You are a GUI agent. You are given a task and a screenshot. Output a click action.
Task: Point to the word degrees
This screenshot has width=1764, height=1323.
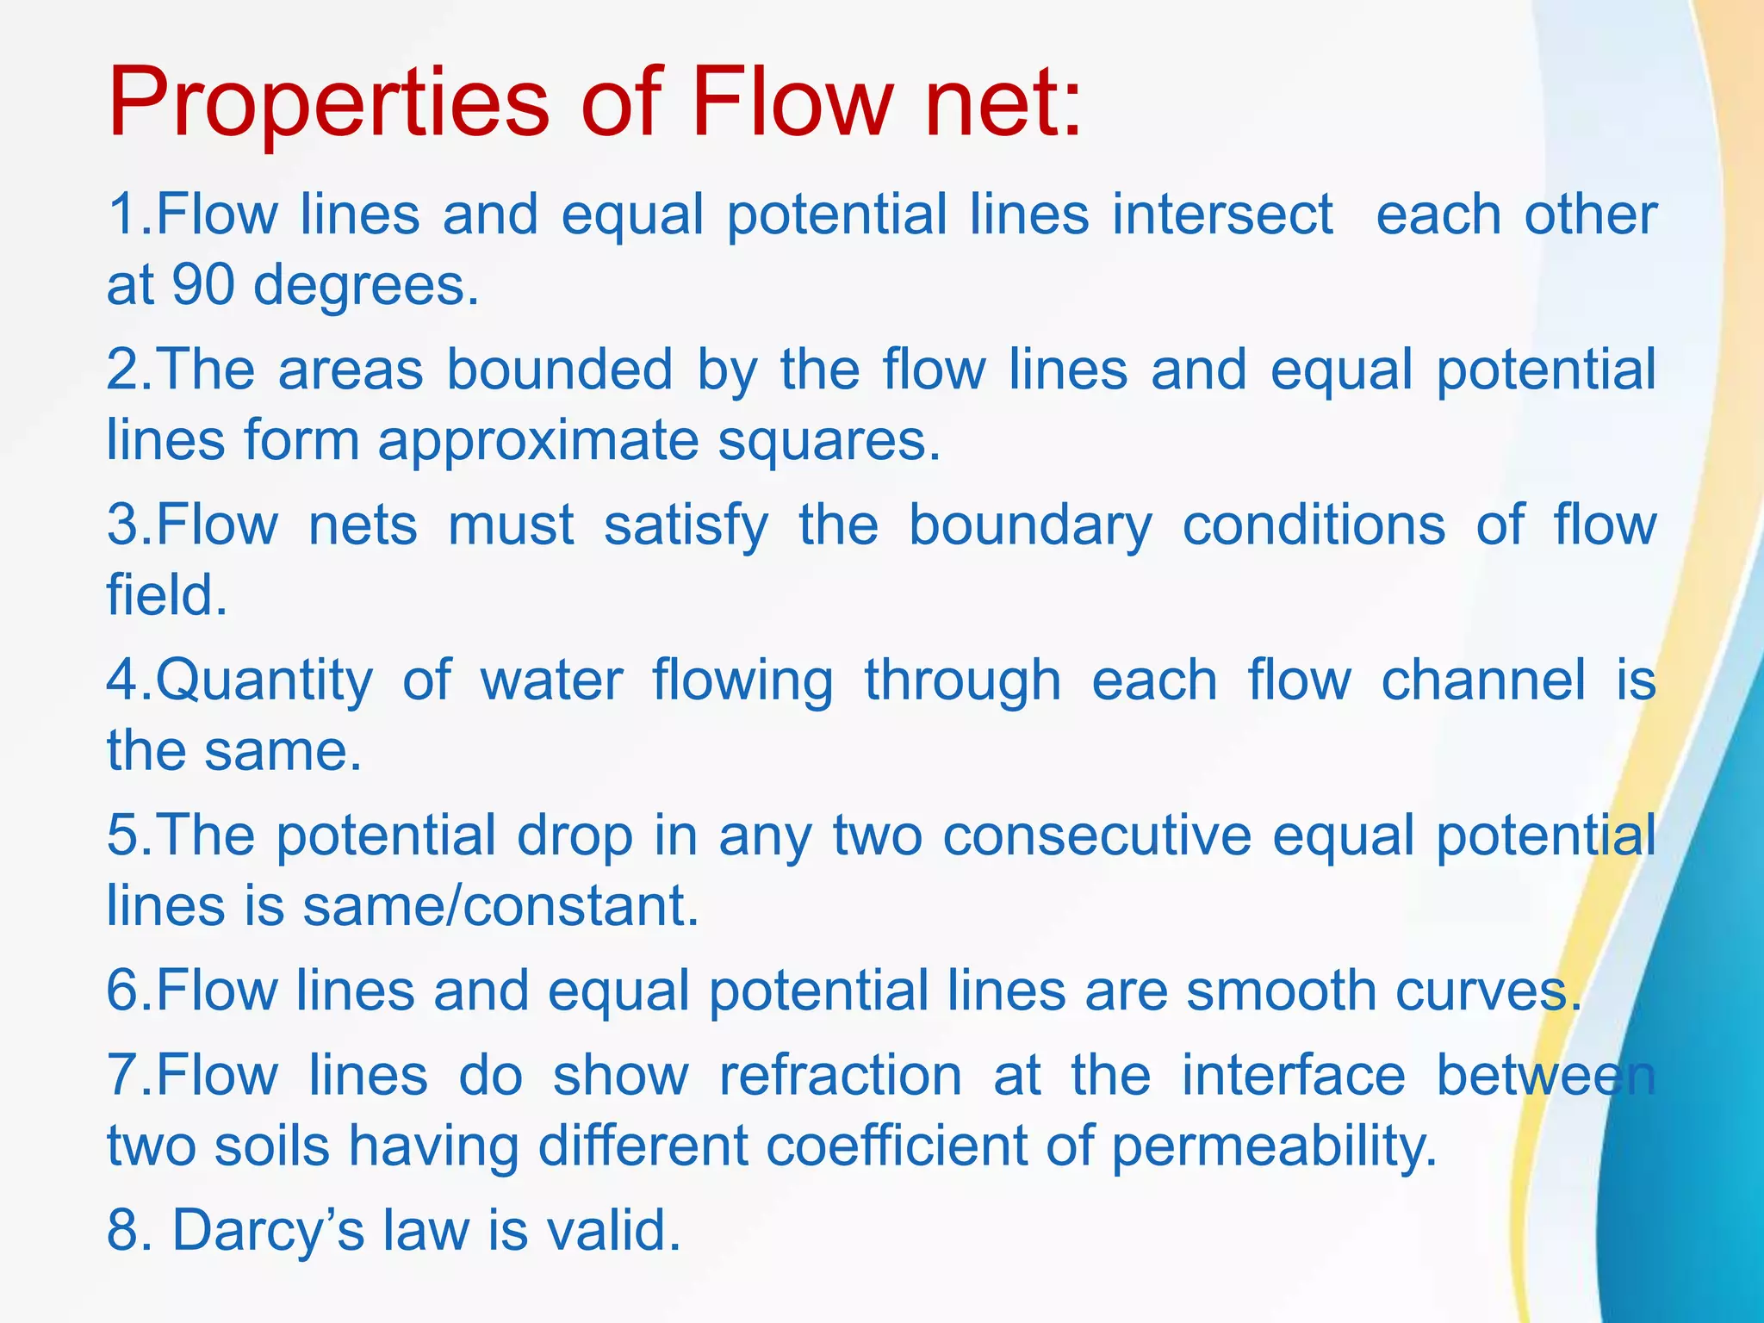click(x=365, y=286)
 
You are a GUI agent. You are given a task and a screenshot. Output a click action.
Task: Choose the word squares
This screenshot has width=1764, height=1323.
click(x=829, y=441)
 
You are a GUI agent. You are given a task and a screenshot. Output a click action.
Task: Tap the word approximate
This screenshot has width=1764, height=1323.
click(x=537, y=441)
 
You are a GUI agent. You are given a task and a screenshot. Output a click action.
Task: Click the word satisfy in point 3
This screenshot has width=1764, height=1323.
click(x=686, y=525)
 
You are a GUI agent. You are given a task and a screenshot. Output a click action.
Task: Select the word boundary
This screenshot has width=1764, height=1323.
click(x=1030, y=525)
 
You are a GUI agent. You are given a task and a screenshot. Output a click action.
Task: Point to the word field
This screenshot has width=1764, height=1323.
click(x=167, y=595)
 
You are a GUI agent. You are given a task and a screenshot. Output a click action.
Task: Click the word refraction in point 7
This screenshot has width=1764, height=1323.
click(x=841, y=1076)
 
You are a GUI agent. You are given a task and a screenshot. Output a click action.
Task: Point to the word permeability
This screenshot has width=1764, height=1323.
click(x=1274, y=1147)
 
